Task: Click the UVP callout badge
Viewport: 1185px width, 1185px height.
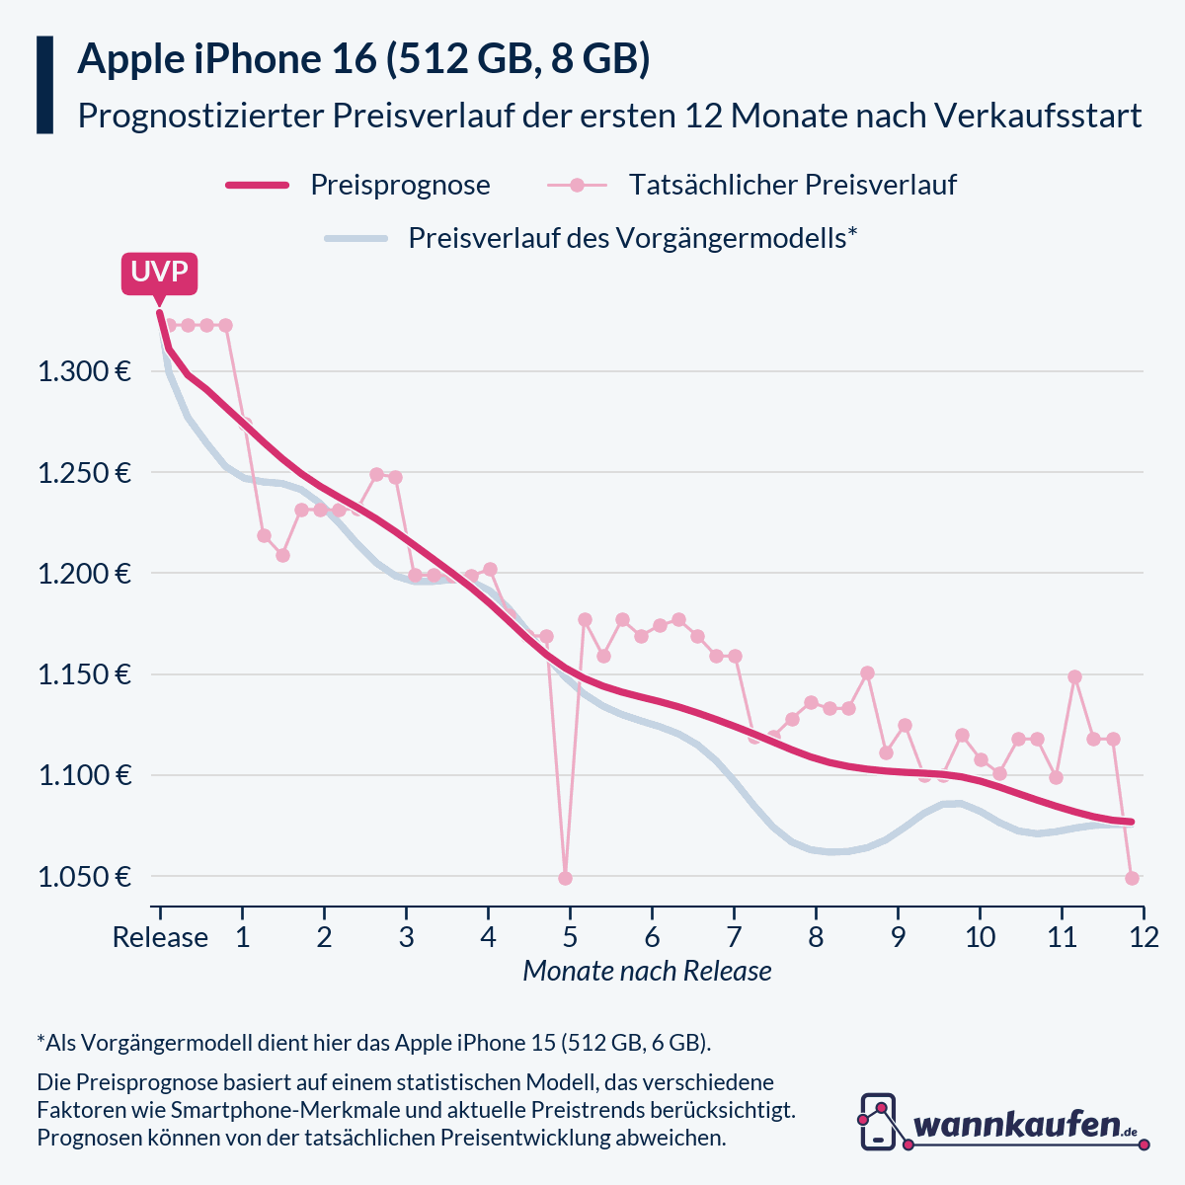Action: (159, 273)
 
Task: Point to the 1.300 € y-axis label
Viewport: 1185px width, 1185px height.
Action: (85, 372)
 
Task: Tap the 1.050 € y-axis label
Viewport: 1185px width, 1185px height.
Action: (85, 877)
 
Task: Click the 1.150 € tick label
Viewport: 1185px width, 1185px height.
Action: (85, 675)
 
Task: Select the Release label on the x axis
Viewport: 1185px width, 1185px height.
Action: (160, 937)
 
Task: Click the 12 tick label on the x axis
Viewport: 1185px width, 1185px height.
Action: (1144, 937)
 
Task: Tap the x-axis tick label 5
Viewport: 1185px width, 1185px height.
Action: (570, 937)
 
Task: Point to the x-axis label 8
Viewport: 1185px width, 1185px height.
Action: (816, 937)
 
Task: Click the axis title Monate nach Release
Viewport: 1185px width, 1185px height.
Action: (647, 971)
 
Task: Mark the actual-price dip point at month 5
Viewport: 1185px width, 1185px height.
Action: (565, 878)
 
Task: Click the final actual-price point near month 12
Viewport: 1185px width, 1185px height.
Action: (1133, 878)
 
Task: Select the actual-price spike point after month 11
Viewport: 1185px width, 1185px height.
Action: (1074, 677)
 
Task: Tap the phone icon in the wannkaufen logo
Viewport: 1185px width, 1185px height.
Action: (878, 1121)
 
